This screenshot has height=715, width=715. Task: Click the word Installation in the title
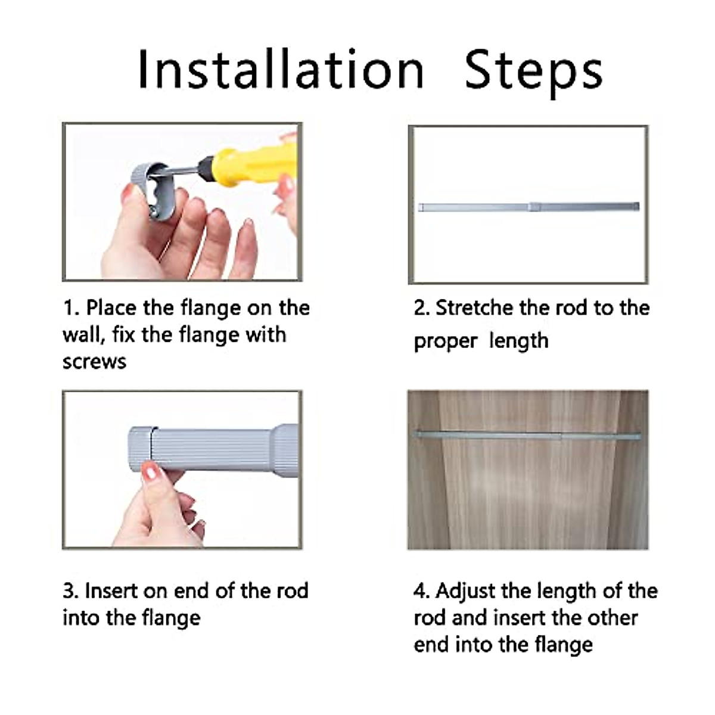point(281,69)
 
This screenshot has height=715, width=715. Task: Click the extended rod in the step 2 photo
point(529,207)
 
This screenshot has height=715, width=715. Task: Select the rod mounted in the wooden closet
point(528,436)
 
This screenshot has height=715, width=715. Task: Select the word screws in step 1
point(94,362)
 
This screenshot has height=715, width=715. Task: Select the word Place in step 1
point(111,308)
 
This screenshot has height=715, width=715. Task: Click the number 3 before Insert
point(69,591)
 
